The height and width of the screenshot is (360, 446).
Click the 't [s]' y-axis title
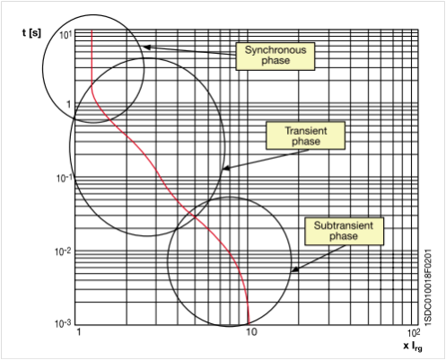[x=31, y=32]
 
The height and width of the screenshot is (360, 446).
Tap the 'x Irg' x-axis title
[x=413, y=347]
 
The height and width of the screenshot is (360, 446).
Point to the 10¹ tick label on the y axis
[x=66, y=35]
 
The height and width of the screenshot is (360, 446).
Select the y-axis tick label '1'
[x=68, y=104]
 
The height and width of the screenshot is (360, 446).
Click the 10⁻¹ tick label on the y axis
[x=65, y=178]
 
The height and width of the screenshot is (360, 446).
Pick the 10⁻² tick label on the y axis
[x=63, y=251]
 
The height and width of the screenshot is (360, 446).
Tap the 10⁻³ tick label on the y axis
[x=63, y=323]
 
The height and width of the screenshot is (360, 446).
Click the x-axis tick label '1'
[x=79, y=332]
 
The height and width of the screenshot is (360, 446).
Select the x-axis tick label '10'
[x=251, y=332]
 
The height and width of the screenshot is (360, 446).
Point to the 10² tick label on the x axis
[x=414, y=332]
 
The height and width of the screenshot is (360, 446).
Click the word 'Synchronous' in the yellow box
[x=275, y=49]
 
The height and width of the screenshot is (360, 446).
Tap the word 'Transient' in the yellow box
[x=306, y=131]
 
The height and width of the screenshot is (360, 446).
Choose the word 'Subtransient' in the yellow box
[x=344, y=225]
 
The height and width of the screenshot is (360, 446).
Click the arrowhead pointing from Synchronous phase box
[x=146, y=48]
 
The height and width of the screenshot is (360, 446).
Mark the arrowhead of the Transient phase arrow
[x=225, y=168]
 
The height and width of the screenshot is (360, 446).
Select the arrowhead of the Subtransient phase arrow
[x=294, y=269]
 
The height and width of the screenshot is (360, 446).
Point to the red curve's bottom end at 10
[x=249, y=324]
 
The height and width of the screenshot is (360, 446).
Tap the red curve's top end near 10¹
[x=92, y=30]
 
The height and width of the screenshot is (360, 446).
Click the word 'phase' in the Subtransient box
[x=344, y=236]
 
